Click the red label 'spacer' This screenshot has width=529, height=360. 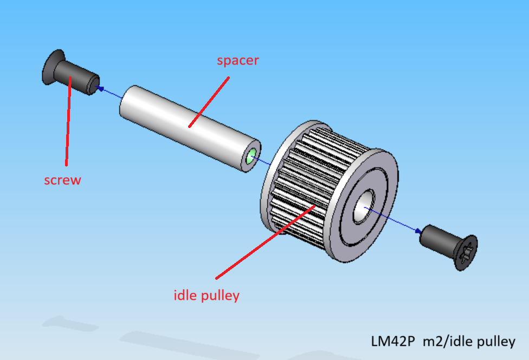point(238,60)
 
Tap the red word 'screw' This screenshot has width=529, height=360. point(62,180)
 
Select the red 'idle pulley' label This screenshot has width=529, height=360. point(207,295)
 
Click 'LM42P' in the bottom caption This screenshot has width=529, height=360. point(393,342)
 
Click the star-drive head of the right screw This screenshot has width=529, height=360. point(466,252)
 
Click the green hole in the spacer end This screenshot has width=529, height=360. point(251,157)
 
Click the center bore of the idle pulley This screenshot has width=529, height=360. point(362,207)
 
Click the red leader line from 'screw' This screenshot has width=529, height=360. point(68,125)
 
